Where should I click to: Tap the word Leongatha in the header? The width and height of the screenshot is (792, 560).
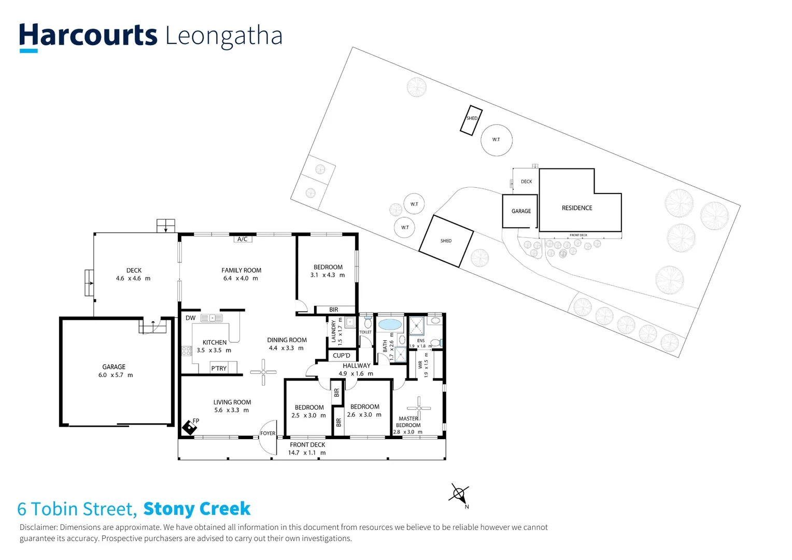pyautogui.click(x=224, y=36)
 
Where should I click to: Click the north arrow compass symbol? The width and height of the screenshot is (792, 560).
pyautogui.click(x=459, y=494)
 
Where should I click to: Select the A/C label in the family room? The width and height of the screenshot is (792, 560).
pyautogui.click(x=242, y=239)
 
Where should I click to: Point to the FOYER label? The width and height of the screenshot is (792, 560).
pyautogui.click(x=267, y=433)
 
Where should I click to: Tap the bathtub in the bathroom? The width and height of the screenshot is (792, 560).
pyautogui.click(x=390, y=325)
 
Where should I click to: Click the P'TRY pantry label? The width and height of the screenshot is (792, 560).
pyautogui.click(x=219, y=368)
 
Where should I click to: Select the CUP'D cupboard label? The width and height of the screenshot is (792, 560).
pyautogui.click(x=342, y=356)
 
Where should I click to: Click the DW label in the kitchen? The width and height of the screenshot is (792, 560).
pyautogui.click(x=190, y=318)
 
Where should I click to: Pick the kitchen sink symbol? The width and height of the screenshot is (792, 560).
pyautogui.click(x=211, y=318)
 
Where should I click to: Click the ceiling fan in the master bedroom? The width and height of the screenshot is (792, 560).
pyautogui.click(x=419, y=408)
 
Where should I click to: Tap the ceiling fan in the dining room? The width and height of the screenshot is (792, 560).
pyautogui.click(x=263, y=372)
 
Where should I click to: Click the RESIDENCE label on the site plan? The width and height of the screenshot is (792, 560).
pyautogui.click(x=577, y=208)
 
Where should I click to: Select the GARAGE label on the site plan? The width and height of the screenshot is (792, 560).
pyautogui.click(x=521, y=211)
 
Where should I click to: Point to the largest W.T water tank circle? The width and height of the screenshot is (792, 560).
pyautogui.click(x=497, y=139)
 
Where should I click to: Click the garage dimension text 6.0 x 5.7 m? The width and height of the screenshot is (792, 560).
pyautogui.click(x=115, y=375)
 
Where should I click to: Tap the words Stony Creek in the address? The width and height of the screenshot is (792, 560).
pyautogui.click(x=197, y=509)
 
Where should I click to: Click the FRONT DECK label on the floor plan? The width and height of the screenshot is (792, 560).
pyautogui.click(x=307, y=445)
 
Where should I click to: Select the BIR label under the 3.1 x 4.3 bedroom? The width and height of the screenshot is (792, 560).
pyautogui.click(x=333, y=310)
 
